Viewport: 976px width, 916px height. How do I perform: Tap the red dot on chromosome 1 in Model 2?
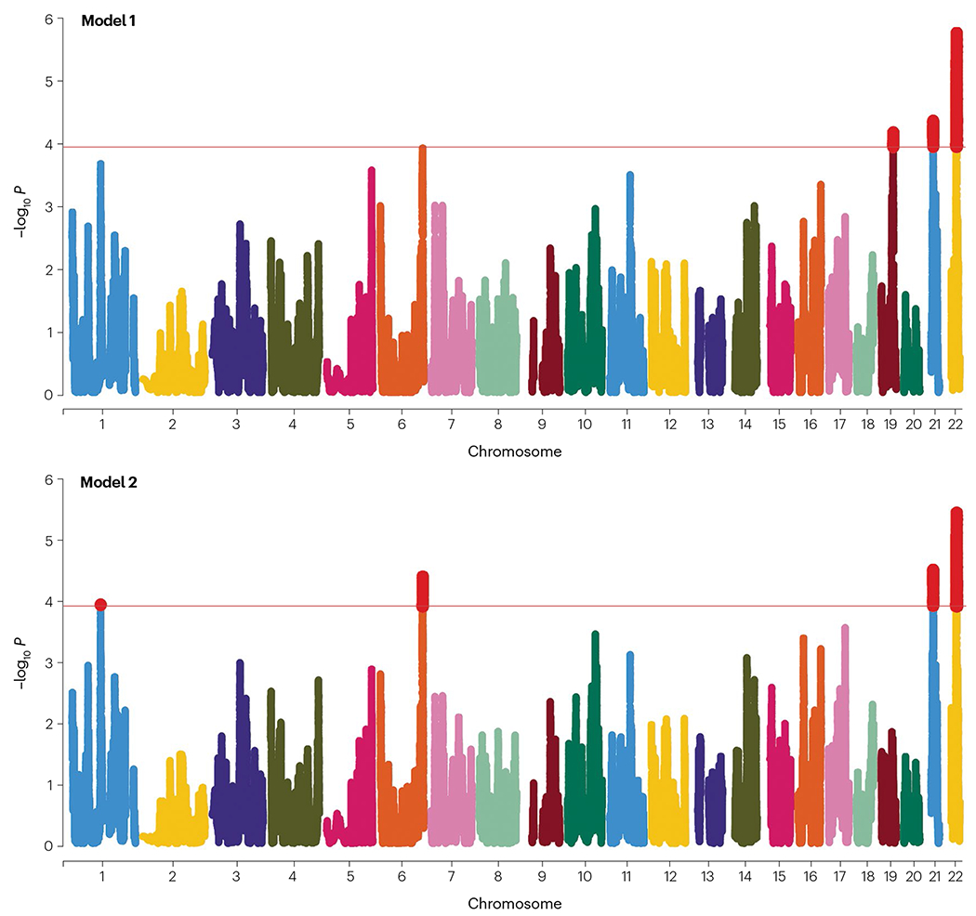(x=100, y=605)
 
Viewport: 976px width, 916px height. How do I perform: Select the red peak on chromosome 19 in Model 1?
(x=893, y=139)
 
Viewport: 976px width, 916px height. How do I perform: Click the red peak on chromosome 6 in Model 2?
(x=423, y=590)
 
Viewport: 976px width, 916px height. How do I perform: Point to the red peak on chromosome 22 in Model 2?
(x=956, y=557)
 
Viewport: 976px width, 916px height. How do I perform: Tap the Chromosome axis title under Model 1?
(x=513, y=451)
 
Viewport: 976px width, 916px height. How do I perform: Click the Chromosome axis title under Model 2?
(x=513, y=903)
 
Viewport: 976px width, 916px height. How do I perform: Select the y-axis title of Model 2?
(x=20, y=663)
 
